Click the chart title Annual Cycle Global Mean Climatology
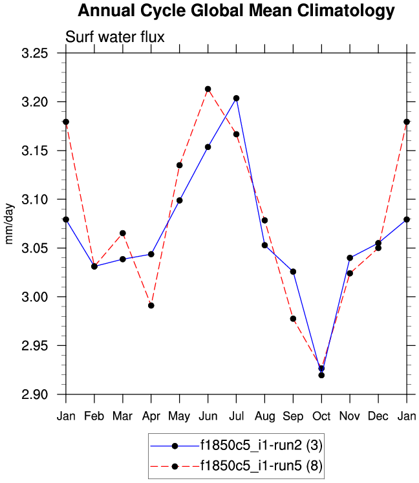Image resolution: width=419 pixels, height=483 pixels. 236,11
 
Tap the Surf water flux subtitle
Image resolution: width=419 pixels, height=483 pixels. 115,38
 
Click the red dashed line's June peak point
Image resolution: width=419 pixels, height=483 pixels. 208,89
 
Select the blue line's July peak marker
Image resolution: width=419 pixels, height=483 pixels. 236,98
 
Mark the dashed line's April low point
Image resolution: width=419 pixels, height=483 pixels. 151,305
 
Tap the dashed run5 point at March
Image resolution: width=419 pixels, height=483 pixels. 122,233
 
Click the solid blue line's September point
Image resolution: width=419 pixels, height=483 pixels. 293,272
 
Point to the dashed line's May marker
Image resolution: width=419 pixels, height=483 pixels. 179,165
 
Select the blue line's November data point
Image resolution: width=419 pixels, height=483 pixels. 350,257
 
